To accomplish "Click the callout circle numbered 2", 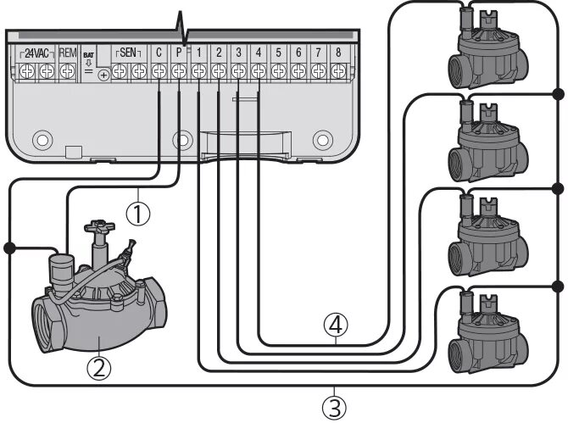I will (x=99, y=367).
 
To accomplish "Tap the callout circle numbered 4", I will (x=337, y=324).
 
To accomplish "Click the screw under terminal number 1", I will (x=198, y=73).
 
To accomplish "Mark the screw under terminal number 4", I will (x=258, y=73).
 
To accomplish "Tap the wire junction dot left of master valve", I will (x=9, y=248).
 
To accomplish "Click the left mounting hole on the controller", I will (x=38, y=138).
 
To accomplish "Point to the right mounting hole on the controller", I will (x=320, y=138).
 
